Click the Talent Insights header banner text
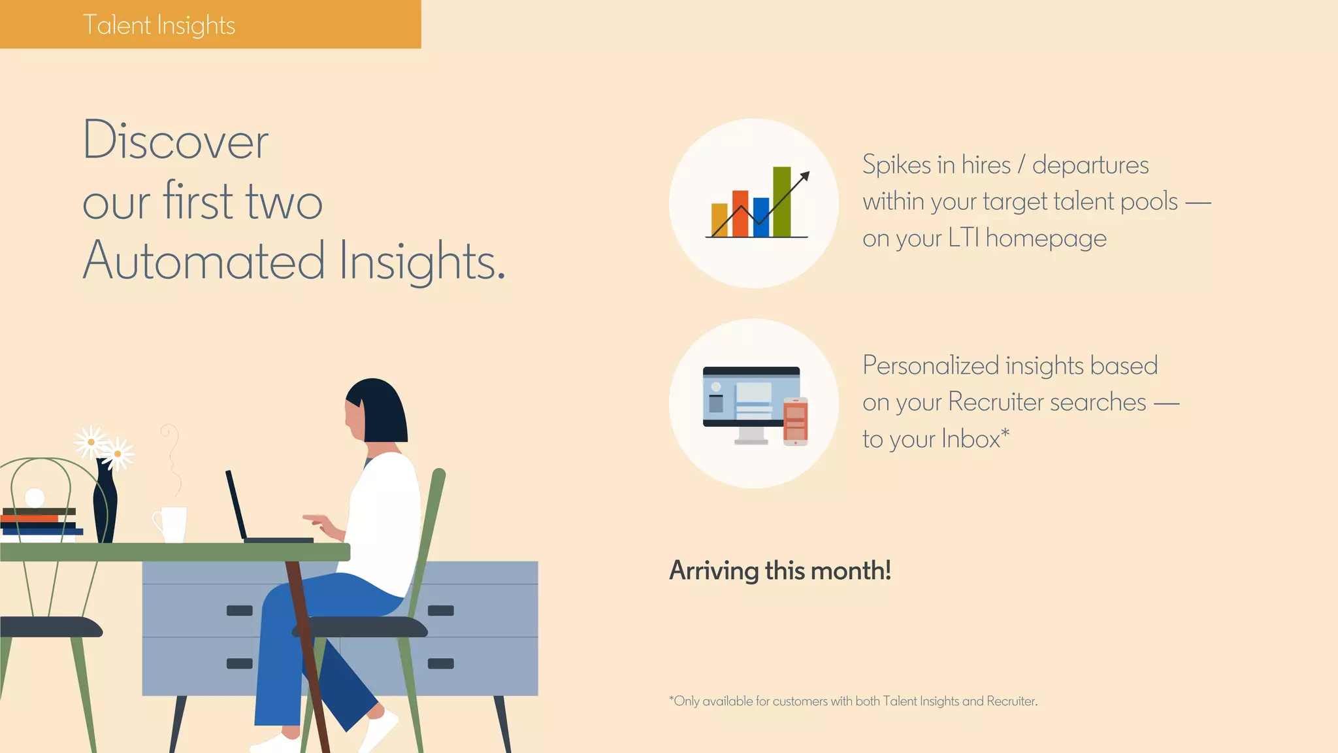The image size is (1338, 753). [x=159, y=25]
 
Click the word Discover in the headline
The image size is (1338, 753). [x=175, y=141]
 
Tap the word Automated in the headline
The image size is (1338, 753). [x=203, y=261]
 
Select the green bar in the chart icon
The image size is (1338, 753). [x=781, y=202]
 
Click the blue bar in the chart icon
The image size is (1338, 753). [x=761, y=216]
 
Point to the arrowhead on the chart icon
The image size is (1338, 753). [x=806, y=176]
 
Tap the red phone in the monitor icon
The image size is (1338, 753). [x=795, y=422]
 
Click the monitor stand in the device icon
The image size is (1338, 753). [x=751, y=436]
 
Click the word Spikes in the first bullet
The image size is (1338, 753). [x=896, y=165]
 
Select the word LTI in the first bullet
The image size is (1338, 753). [x=963, y=238]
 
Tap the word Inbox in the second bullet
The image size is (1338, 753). [x=971, y=439]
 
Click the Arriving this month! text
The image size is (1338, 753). [x=780, y=571]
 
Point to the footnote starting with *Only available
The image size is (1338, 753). [x=853, y=701]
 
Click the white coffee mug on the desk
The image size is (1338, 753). [x=173, y=524]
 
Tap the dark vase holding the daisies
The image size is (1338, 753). [x=105, y=507]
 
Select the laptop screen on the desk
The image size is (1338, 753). [x=236, y=503]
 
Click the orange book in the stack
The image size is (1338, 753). [x=29, y=518]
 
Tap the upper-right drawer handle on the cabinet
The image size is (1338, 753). [x=440, y=611]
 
